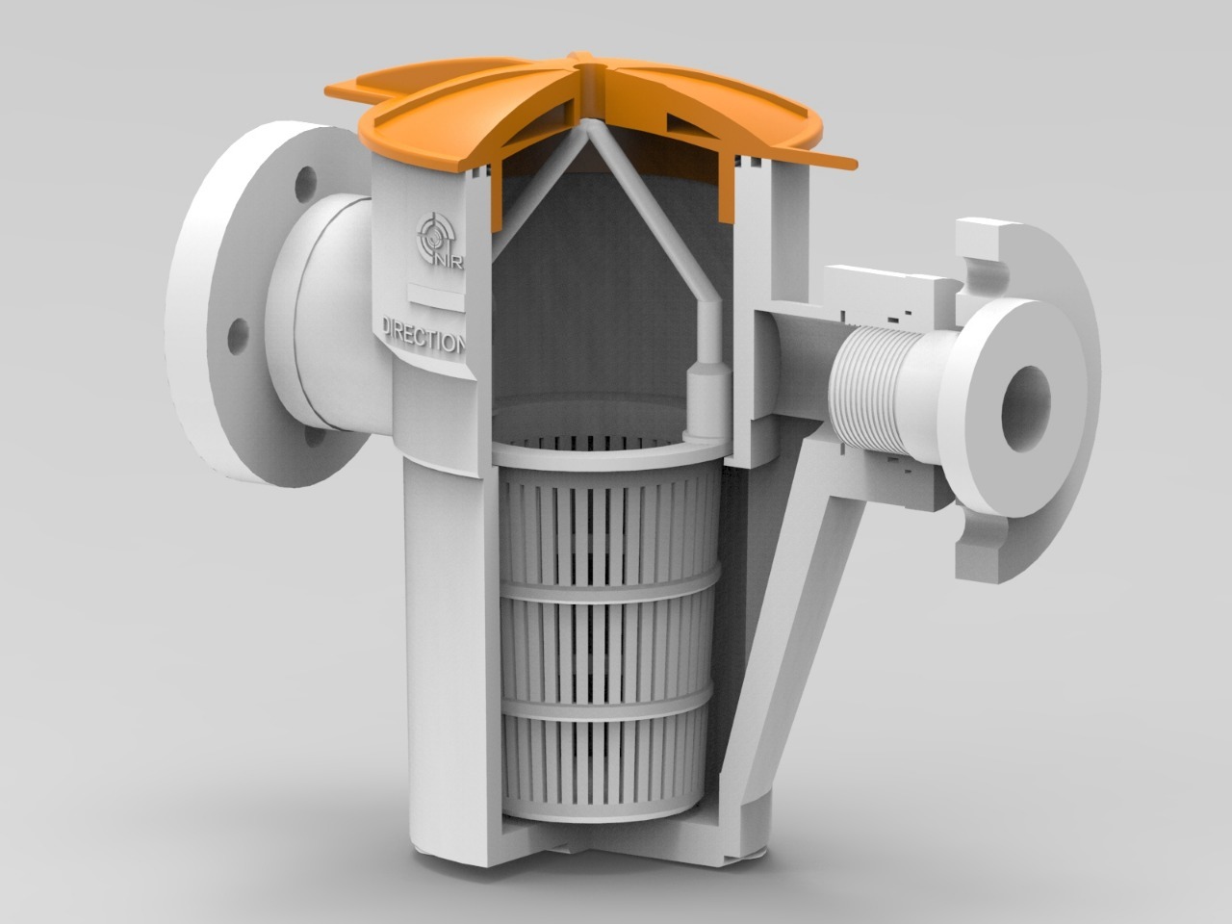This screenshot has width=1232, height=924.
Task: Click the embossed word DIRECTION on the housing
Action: coord(424,336)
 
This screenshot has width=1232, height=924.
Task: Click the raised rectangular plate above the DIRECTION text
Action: coord(435,296)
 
